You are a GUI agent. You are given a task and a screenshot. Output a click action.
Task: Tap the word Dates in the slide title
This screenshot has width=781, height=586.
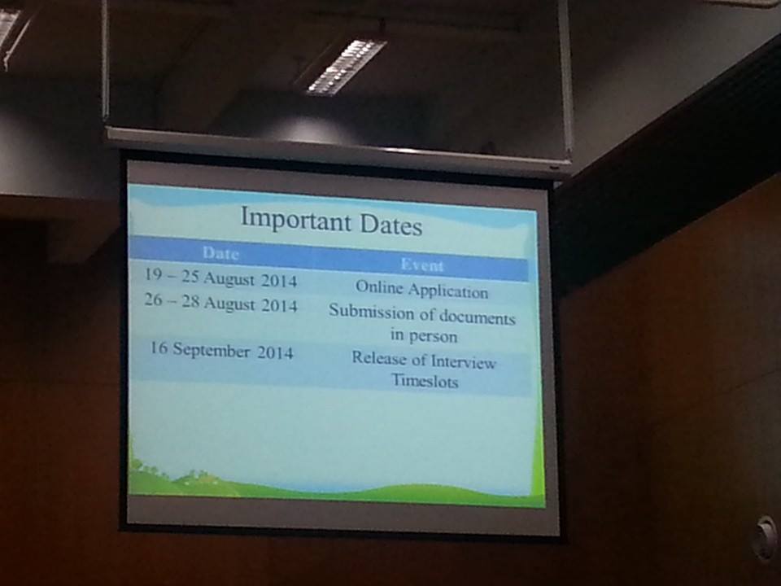coord(391,225)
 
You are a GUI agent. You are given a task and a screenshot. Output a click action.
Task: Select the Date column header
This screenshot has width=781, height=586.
coord(220,253)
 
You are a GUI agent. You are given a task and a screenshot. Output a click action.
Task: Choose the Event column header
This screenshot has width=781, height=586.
coord(422,265)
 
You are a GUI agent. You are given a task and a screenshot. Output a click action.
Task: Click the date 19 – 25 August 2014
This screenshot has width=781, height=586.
coord(220,278)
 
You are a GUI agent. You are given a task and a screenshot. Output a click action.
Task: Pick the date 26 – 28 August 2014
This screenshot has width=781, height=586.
coord(220,303)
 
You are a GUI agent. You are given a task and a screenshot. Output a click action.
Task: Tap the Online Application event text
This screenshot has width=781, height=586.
coord(422,289)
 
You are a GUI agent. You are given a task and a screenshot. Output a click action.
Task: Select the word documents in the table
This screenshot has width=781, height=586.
coord(477,317)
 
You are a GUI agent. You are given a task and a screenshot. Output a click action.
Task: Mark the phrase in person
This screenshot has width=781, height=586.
coord(423,335)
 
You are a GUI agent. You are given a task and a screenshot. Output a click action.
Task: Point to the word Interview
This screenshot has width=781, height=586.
coord(463,361)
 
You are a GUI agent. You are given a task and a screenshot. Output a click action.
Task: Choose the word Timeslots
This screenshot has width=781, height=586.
coord(425,381)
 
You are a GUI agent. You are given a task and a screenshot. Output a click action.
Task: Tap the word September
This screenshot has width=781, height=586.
coord(212,350)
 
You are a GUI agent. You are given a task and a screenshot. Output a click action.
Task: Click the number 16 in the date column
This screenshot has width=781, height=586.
coord(159,347)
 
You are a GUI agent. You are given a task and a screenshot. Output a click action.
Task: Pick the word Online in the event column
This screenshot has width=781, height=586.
coord(378,286)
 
